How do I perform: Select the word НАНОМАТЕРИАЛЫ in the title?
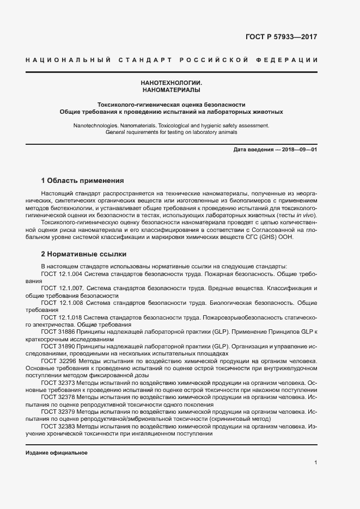pos(171,89)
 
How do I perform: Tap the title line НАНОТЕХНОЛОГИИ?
pos(171,82)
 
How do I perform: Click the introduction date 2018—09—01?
pos(298,149)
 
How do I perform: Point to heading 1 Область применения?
pos(83,180)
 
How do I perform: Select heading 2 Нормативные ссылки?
pos(83,254)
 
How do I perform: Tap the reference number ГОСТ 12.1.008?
pos(62,302)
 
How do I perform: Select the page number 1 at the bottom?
pos(315,463)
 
